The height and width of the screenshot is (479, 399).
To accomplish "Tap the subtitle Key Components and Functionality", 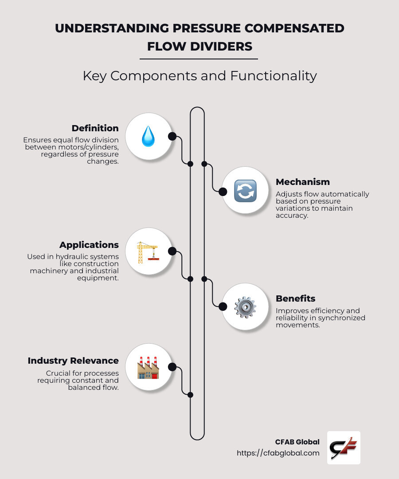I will tap(199, 76).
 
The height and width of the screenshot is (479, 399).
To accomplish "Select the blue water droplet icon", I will tap(148, 136).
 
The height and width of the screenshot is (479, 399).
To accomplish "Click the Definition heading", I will tap(95, 128).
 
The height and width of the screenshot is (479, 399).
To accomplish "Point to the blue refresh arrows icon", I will tap(245, 191).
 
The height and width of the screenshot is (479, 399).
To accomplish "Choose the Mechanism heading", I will tap(303, 182).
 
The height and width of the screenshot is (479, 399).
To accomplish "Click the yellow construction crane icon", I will tap(148, 252).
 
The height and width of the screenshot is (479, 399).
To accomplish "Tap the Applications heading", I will tap(89, 245).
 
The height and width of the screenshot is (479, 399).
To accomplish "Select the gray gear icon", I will tap(245, 307).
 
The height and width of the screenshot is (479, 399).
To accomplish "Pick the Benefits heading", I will tap(295, 298).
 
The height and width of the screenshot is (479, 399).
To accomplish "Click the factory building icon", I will tap(148, 368).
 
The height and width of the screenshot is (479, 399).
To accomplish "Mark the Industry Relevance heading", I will tap(73, 361).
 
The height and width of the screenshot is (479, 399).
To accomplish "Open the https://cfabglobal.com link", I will tap(278, 453).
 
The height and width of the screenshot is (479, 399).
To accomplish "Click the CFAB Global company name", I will tap(297, 442).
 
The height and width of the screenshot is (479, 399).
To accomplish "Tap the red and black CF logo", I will tap(344, 448).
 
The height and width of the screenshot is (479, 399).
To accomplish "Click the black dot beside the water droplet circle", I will tap(172, 136).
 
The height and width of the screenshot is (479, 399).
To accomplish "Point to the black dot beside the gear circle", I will tap(223, 306).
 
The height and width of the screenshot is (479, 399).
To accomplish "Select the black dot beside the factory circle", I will tap(172, 367).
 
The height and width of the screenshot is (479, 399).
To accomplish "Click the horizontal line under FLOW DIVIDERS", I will tap(199, 59).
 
